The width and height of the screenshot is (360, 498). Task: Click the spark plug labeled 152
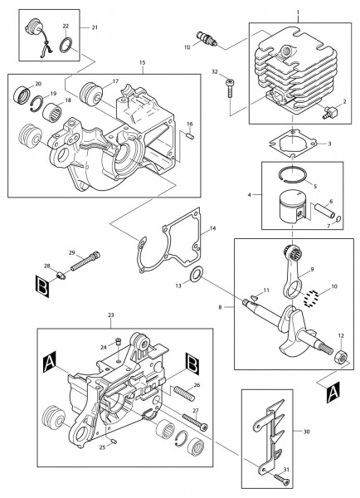tap(207, 39)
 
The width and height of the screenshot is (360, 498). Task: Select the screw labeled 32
tap(230, 85)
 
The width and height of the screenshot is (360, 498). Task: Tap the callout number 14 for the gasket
tap(212, 228)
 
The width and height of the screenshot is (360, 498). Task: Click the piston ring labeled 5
tap(292, 174)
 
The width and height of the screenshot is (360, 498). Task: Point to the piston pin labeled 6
tap(324, 211)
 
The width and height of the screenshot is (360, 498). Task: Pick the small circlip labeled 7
tap(338, 219)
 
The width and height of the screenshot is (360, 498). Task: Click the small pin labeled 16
tap(189, 135)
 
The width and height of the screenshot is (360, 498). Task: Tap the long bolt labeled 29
tap(85, 261)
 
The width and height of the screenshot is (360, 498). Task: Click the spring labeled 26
tap(183, 393)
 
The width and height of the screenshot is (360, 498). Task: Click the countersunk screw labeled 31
tap(282, 478)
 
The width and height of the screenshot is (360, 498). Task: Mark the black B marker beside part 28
tap(42, 286)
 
